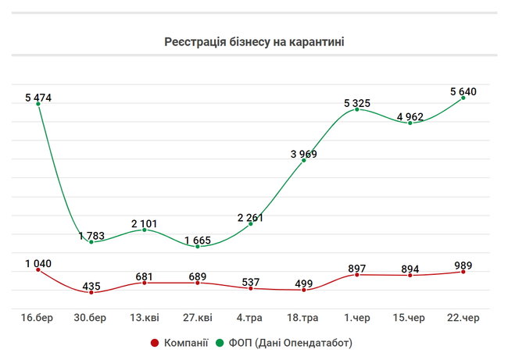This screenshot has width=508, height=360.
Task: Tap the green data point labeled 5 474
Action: click(38, 105)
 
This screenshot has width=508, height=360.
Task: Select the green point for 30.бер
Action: click(91, 242)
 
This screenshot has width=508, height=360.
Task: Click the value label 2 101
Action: click(144, 223)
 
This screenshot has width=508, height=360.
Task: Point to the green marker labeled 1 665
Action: click(198, 247)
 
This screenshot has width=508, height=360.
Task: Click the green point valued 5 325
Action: click(357, 109)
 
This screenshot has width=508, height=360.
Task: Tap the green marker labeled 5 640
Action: click(463, 98)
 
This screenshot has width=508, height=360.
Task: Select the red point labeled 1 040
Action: click(38, 269)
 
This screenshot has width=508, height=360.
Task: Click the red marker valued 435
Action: click(91, 292)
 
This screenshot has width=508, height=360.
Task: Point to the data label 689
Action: click(198, 276)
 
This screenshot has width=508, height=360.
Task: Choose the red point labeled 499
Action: click(304, 290)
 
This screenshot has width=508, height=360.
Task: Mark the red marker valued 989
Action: click(463, 272)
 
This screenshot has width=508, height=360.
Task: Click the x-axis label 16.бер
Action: click(38, 317)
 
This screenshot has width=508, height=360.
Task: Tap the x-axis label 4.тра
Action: click(251, 317)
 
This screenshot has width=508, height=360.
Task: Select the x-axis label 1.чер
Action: click(357, 317)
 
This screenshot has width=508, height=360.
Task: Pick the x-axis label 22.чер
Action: click(463, 317)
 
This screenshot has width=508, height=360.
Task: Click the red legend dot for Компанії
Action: click(154, 343)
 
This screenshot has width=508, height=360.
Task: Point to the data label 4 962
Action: click(410, 117)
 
